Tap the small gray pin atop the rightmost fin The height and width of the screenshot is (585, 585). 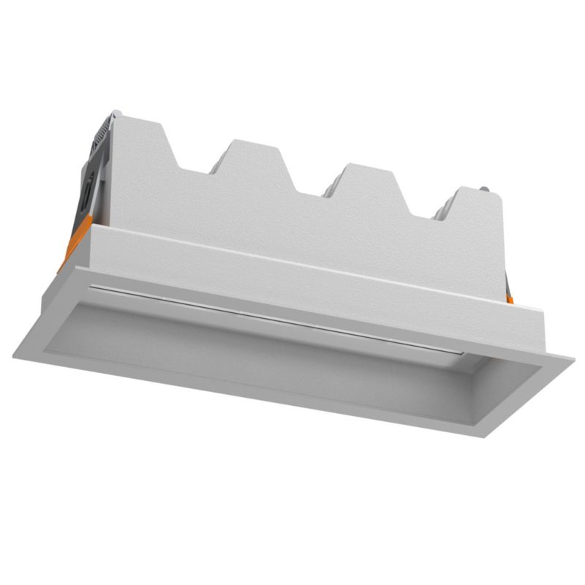484,191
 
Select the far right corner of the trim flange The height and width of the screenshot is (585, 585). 571,358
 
